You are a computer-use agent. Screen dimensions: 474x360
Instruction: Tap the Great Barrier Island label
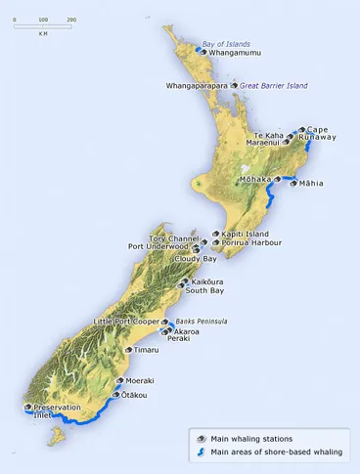coord(274,86)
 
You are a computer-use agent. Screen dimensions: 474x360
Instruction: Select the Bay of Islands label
coord(226,44)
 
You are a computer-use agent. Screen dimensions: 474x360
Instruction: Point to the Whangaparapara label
coord(197,86)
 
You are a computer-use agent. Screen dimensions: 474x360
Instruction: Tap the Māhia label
coord(311,183)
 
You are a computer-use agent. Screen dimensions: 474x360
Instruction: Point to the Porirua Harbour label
coord(251,242)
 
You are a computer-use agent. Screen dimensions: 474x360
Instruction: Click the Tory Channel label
coord(171,238)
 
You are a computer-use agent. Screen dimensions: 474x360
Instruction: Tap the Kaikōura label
coord(207,281)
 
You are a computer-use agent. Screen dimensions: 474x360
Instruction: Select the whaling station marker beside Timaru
coord(128,349)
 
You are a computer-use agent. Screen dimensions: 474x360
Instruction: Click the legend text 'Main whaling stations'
coord(250,439)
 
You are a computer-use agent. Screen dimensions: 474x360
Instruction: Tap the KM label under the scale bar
coord(43,32)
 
